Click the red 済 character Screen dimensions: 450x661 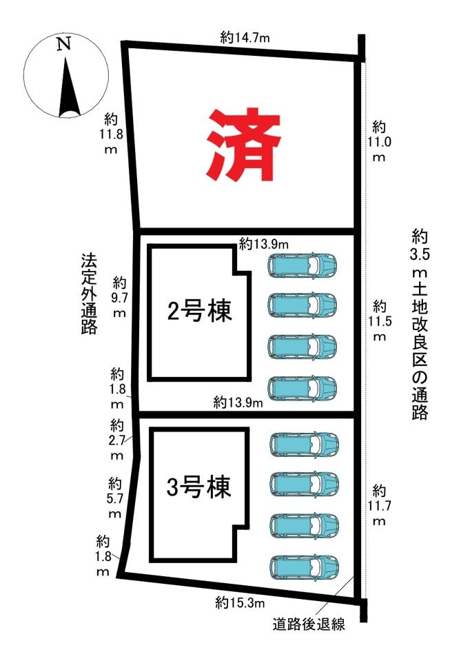(x=243, y=145)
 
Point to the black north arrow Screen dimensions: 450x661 (x=69, y=88)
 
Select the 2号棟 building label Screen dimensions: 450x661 (x=200, y=311)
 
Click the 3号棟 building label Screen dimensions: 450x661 (x=199, y=487)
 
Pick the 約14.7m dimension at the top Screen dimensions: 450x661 (x=245, y=38)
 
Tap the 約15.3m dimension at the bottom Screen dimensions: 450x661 (x=240, y=603)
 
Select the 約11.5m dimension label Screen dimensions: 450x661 (x=380, y=321)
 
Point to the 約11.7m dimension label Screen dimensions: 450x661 (x=379, y=505)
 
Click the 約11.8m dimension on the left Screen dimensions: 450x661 (x=111, y=134)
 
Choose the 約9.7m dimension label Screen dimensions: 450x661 (x=119, y=298)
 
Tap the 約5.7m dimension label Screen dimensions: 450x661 (x=114, y=498)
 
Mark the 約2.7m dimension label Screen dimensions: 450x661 (x=116, y=440)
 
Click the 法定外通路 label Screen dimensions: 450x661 (x=89, y=294)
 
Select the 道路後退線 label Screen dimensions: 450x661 (x=309, y=624)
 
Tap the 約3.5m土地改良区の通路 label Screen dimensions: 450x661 (x=420, y=325)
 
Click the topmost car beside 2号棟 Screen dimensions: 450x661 (x=302, y=265)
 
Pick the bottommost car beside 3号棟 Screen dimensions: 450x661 (x=304, y=567)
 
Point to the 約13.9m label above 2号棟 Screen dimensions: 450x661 (x=264, y=244)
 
